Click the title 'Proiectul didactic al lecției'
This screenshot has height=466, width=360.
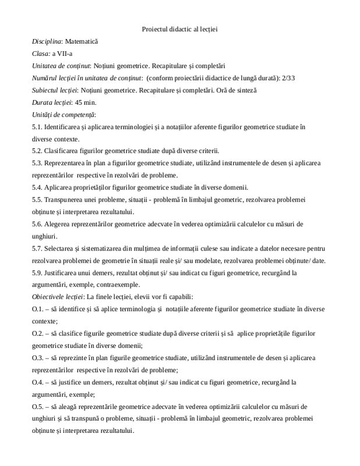(179, 29)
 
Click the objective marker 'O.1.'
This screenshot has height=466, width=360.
(38, 309)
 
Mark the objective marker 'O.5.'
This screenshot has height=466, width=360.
(38, 406)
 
